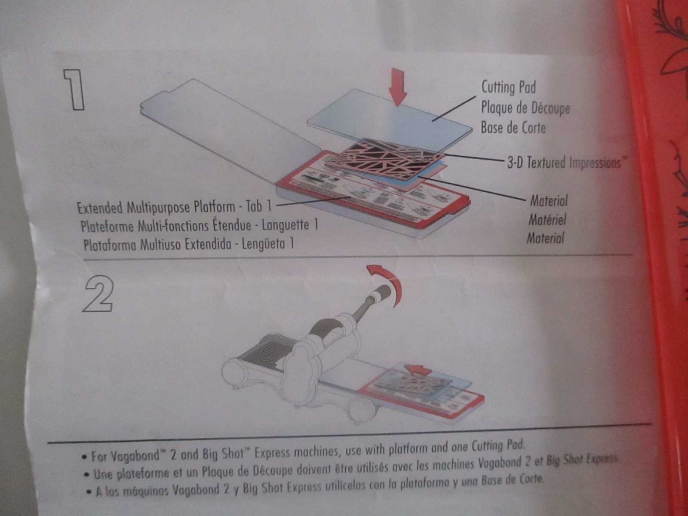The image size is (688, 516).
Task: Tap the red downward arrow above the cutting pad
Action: pos(397,89)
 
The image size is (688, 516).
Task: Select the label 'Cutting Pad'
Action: pos(508,87)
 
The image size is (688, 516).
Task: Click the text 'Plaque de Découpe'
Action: pos(525,107)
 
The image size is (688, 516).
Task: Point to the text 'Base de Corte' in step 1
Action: pos(513,128)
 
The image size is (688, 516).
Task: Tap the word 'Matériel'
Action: pos(547,220)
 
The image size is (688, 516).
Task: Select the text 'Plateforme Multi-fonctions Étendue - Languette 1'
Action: pos(199,225)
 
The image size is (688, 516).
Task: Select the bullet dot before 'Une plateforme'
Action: pos(87,475)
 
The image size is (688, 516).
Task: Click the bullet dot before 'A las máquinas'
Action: pos(89,493)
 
